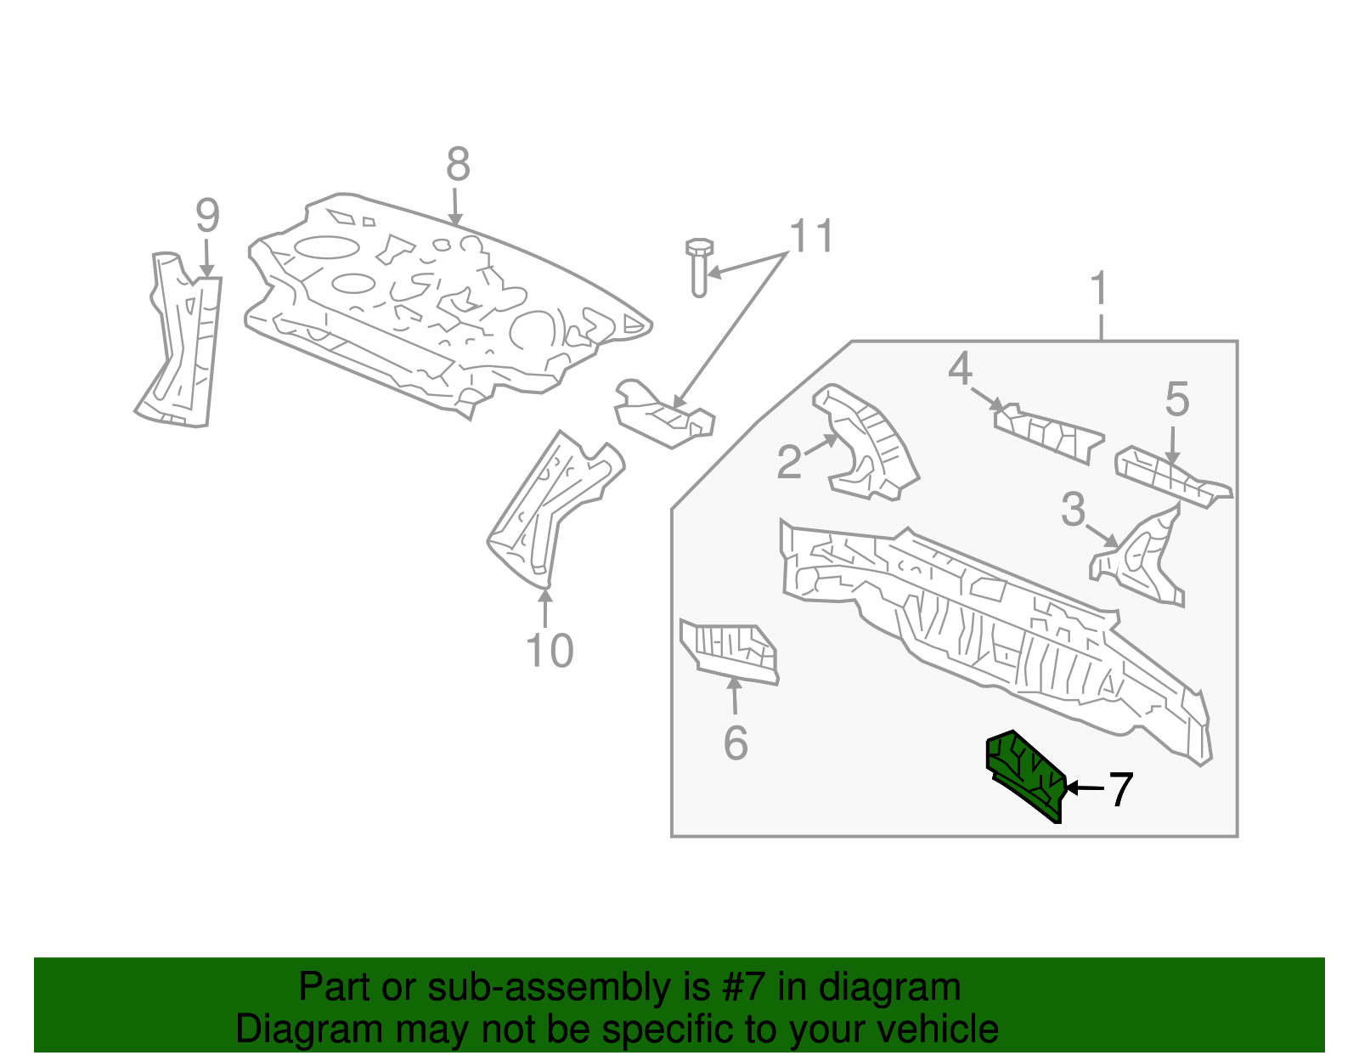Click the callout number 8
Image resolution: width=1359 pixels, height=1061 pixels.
tap(458, 165)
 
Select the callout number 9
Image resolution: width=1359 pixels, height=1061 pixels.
tap(207, 216)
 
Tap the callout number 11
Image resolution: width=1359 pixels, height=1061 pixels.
tap(812, 236)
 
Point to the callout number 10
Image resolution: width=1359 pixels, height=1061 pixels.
tap(550, 652)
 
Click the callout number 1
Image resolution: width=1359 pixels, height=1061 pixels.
tap(1100, 289)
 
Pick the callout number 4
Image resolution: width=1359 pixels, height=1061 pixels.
tap(960, 370)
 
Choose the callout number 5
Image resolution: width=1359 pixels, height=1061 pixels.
tap(1176, 398)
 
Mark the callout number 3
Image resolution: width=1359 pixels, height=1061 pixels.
tap(1074, 510)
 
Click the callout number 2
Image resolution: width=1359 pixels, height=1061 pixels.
tap(789, 463)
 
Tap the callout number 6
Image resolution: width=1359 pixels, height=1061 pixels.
tap(736, 742)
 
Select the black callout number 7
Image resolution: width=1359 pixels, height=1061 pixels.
tap(1120, 790)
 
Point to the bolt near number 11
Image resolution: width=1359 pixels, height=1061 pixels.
tap(699, 267)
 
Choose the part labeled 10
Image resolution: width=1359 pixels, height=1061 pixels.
tap(552, 510)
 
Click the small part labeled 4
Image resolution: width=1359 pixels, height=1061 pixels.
tap(1049, 434)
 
